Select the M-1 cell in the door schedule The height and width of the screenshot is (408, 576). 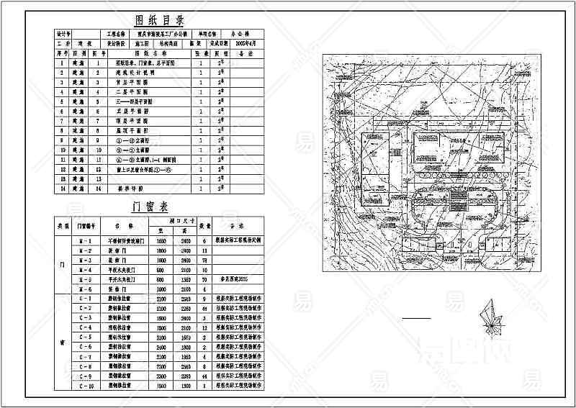click(x=85, y=239)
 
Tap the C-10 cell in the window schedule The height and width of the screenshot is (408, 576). click(x=85, y=386)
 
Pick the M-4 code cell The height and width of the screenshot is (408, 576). click(x=85, y=268)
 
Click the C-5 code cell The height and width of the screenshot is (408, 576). click(x=85, y=337)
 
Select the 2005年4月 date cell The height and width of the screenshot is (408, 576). click(x=224, y=43)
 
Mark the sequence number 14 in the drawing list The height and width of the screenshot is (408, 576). click(x=63, y=188)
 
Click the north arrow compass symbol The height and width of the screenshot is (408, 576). click(x=494, y=319)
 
